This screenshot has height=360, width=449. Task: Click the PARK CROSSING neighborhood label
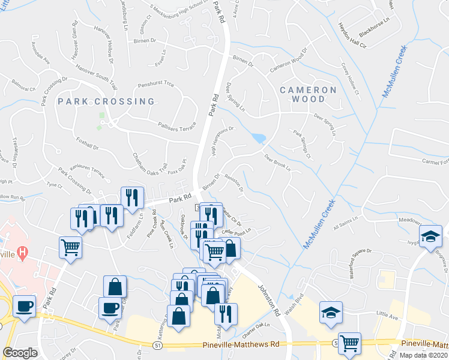[x=106, y=101]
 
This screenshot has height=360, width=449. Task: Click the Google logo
[x=20, y=352]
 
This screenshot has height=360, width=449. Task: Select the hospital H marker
[x=23, y=253]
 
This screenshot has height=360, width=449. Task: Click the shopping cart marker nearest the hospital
[x=71, y=247]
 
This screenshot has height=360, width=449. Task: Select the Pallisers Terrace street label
[x=171, y=127]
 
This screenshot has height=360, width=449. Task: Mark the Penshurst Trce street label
[x=155, y=85]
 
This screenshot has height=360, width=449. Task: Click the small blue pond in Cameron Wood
[x=259, y=139]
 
